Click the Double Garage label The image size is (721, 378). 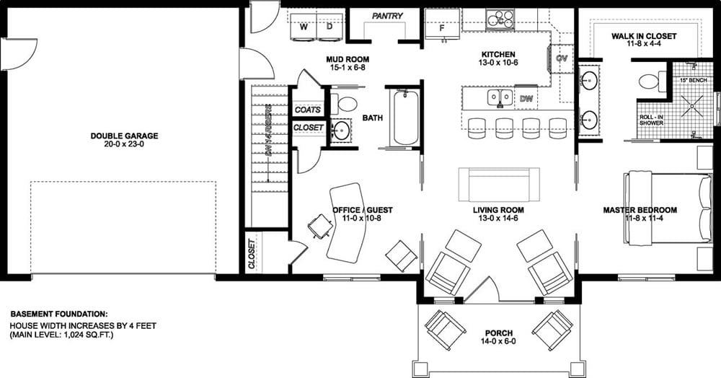click(124, 136)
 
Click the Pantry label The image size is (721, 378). click(386, 16)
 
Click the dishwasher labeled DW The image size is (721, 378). click(526, 97)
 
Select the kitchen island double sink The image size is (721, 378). click(500, 97)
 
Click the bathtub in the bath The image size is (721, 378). click(406, 117)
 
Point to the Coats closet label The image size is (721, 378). click(308, 110)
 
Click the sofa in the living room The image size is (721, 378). click(498, 185)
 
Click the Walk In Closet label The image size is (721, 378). click(644, 35)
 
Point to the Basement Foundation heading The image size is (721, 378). click(59, 315)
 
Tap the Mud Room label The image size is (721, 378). click(349, 59)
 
